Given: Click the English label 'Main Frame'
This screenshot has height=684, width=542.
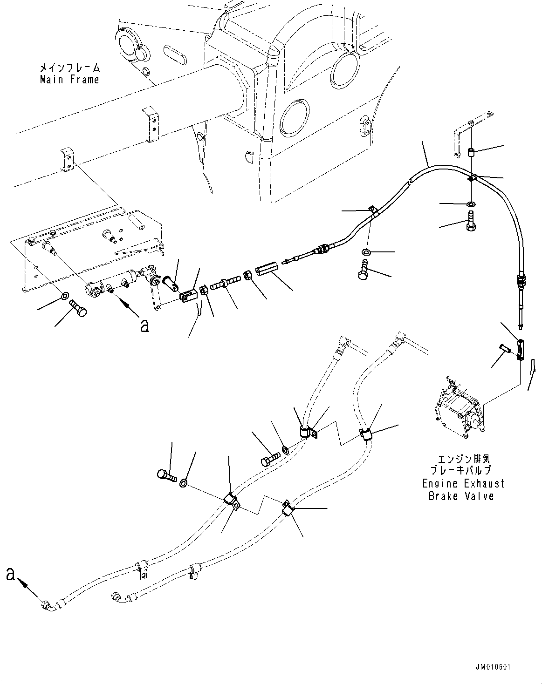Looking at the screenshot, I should tap(69, 80).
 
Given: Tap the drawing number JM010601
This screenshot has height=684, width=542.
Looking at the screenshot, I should tap(493, 668).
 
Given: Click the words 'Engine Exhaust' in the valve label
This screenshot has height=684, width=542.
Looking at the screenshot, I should tap(463, 483).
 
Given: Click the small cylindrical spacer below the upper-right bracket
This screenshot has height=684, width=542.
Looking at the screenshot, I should tap(472, 153).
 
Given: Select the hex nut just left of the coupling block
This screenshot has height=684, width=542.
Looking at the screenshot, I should tap(247, 274).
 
